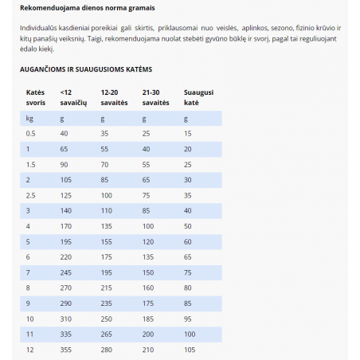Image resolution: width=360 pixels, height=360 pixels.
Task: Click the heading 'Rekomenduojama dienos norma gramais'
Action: coord(88,8)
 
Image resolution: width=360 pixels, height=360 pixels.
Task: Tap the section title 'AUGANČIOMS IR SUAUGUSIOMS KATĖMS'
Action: coord(85,69)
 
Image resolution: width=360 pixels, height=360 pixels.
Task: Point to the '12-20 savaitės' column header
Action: coord(114,98)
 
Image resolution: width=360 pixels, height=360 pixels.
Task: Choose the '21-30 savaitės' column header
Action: coord(155,98)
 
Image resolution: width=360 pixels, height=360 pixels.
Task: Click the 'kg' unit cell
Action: coord(29,118)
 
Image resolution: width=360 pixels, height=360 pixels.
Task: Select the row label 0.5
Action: coord(31,133)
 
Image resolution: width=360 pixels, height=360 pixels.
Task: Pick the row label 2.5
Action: coord(31,194)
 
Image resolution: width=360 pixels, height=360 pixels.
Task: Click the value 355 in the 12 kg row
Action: coord(65,350)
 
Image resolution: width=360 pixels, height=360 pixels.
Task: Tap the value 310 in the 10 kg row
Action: coord(65,319)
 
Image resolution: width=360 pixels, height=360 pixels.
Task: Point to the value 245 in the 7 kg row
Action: coord(65,272)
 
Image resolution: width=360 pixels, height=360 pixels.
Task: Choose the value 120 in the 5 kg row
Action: coord(148,241)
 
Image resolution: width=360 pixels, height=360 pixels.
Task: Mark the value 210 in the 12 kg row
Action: coord(148,350)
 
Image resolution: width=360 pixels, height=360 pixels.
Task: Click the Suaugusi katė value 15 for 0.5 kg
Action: coord(188,133)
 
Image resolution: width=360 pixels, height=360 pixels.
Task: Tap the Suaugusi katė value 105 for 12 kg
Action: coord(190,350)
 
